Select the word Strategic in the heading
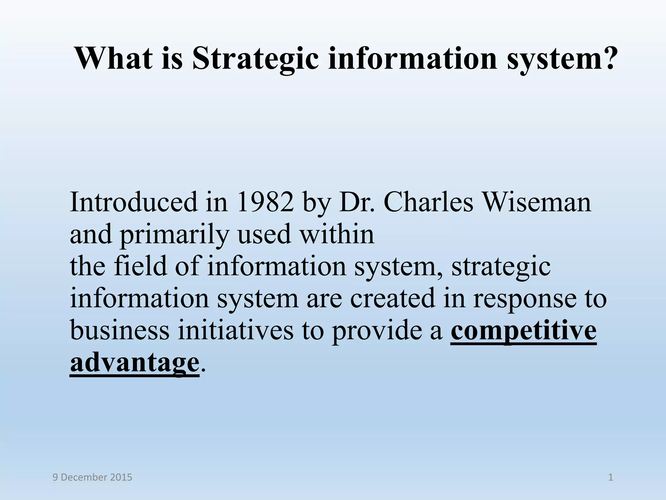coord(256,59)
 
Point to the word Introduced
coord(133,202)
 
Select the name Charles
coord(428,202)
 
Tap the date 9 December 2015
coord(92,478)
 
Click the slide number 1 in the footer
coord(610,478)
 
